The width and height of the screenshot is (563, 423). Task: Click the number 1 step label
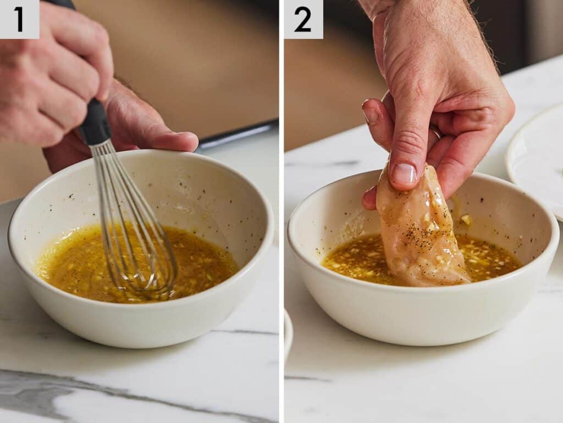coord(19,19)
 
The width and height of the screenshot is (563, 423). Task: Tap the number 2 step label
coord(303,19)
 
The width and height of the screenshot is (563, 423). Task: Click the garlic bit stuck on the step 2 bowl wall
coord(466,219)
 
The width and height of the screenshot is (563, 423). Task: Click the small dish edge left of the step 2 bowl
coord(288,335)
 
